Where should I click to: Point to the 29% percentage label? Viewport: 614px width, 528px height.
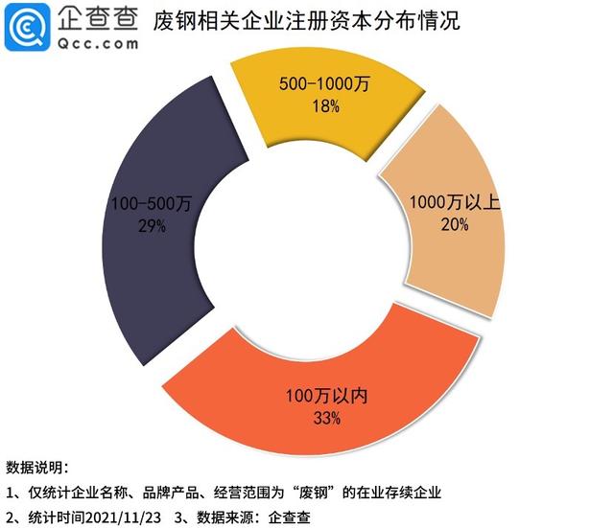point(151,226)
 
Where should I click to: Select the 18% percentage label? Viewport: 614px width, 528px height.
point(326,107)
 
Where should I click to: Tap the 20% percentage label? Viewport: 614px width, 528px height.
point(453,224)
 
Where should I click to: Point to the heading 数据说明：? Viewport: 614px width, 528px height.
point(36,469)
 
